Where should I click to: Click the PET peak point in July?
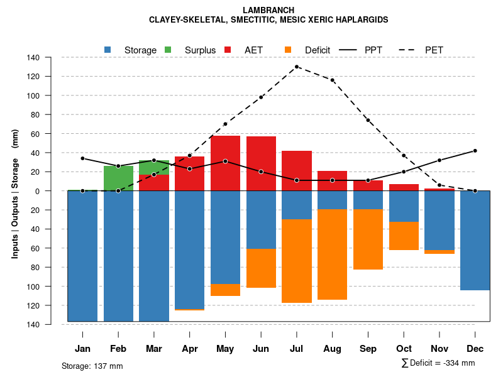point(297,67)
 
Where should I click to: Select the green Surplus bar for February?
point(118,178)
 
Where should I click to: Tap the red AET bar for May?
point(225,163)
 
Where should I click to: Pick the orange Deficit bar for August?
point(333,254)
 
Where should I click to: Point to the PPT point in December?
point(475,151)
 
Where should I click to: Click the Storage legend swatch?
point(108,50)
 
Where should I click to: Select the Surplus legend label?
point(200,50)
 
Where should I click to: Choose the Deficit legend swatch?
point(288,50)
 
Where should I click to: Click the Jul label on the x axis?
point(297,349)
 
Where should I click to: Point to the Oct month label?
point(404,349)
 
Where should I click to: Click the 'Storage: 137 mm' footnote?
point(92,366)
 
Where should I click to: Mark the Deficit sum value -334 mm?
point(460,363)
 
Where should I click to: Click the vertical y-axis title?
point(15,191)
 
